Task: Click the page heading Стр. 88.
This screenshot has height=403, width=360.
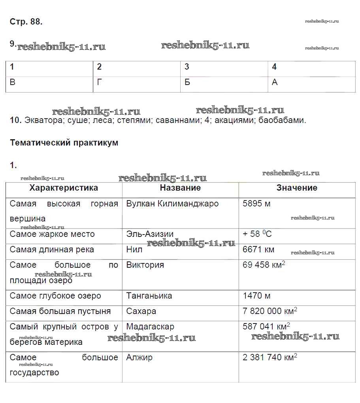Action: pos(26,22)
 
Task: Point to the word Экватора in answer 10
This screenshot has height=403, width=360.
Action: pos(43,120)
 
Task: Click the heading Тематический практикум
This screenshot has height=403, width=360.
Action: pos(64,143)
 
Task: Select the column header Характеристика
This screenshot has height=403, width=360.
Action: pos(64,188)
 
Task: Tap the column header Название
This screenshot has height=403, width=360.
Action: pos(180,188)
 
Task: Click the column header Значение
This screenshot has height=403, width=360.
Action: pos(297,188)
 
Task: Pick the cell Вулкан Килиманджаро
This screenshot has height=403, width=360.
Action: pos(172,204)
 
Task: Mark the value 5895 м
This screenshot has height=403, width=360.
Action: pos(256,204)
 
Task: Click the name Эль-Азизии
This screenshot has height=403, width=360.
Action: pos(150,234)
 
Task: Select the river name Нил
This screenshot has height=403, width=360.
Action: pos(134,250)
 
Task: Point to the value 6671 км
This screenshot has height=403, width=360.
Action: pos(258,250)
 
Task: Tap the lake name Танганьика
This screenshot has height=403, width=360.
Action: pos(153,296)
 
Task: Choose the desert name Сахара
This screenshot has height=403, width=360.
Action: pos(141,311)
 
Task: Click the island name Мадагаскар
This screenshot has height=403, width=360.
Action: pos(150,327)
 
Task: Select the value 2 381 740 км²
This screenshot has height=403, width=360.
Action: pos(270,358)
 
